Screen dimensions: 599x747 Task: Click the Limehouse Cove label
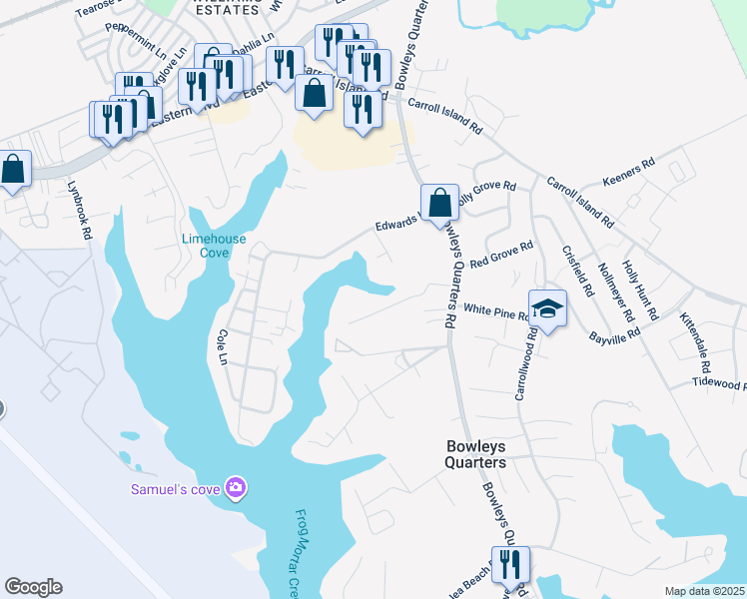pyautogui.click(x=207, y=246)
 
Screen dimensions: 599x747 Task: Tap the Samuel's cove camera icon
pyautogui.click(x=237, y=487)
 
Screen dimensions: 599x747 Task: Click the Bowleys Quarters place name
pyautogui.click(x=475, y=455)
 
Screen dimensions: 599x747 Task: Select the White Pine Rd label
pyautogui.click(x=495, y=312)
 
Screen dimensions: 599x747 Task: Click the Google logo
pyautogui.click(x=33, y=587)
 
